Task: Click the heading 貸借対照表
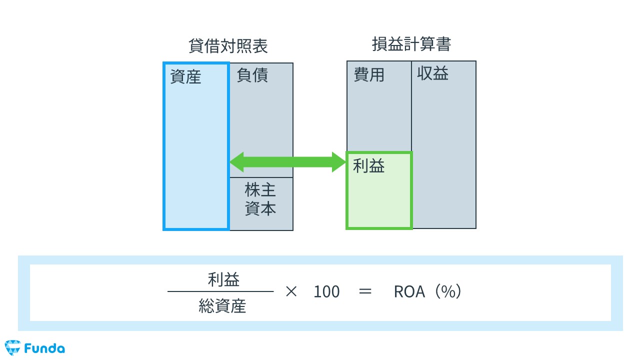[228, 46]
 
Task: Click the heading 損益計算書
[411, 44]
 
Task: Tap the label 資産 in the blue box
[185, 76]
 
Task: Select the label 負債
[252, 75]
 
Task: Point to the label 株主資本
[260, 199]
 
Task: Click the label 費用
[369, 74]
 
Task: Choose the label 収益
[432, 73]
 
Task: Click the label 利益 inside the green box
[369, 166]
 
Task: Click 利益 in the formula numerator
[223, 279]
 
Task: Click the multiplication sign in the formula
[291, 291]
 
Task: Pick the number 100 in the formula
[326, 292]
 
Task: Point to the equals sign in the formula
[365, 291]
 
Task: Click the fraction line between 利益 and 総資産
[220, 291]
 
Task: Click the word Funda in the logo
[44, 348]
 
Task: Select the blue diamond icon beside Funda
[12, 347]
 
